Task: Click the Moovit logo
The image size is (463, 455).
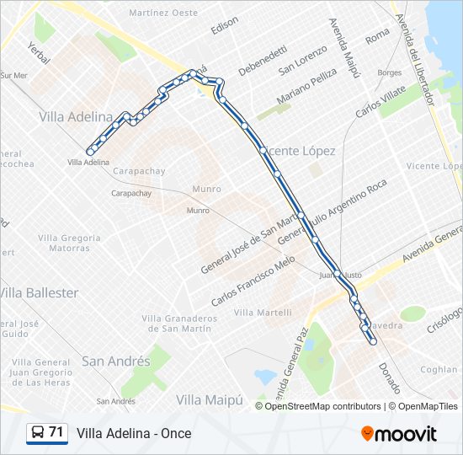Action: [399, 434]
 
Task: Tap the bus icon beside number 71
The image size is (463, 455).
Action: [38, 433]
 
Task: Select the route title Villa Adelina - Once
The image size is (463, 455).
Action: [134, 434]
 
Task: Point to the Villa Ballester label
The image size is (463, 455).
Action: [40, 293]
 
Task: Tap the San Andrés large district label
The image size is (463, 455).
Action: [116, 361]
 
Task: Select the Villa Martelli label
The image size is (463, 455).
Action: [263, 313]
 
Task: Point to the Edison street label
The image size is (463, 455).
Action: [225, 26]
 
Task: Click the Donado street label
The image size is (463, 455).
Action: [389, 377]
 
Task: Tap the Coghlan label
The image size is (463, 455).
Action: [439, 369]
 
